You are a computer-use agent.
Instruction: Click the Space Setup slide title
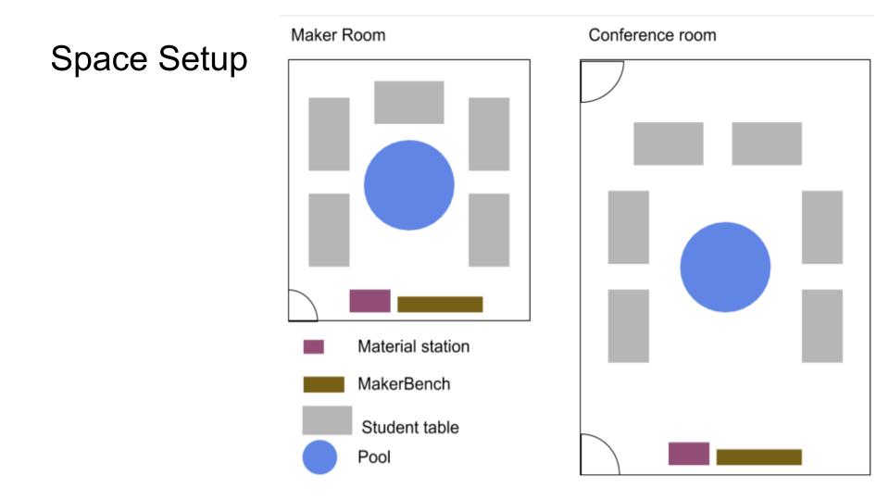coord(149,59)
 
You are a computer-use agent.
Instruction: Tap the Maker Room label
coord(338,35)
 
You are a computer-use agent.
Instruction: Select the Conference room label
coord(652,35)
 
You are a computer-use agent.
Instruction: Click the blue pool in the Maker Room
coord(408,185)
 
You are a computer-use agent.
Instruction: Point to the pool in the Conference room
coord(725,267)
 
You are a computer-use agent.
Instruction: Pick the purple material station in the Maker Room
coord(369,300)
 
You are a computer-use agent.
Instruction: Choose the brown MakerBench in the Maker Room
coord(440,304)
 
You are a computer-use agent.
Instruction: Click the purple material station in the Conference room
coord(689,454)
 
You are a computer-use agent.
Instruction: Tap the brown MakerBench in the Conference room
coord(759,456)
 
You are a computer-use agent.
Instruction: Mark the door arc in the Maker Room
coord(309,299)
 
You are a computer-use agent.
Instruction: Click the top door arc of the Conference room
coord(615,89)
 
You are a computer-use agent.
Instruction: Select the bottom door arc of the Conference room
coord(609,444)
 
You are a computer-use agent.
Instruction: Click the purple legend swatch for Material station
coord(314,346)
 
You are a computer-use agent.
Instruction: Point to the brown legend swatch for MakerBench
coord(324,384)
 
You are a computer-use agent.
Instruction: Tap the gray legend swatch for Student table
coord(327,420)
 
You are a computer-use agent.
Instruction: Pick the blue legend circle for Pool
coord(319,456)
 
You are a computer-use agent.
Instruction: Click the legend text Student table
coord(410,427)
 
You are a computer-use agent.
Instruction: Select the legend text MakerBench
coord(404,383)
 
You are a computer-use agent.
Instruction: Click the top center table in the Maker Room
coord(408,102)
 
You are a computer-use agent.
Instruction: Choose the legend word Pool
coord(373,456)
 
